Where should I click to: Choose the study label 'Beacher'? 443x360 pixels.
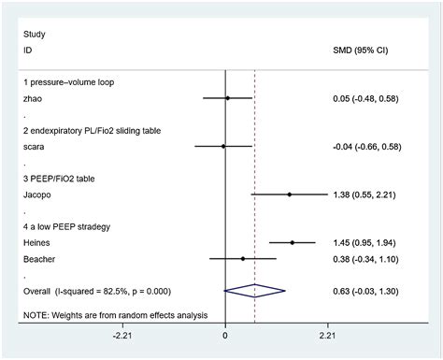tap(40, 258)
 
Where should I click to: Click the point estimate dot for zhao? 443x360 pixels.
tap(227, 97)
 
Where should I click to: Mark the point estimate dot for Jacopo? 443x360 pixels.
tap(289, 194)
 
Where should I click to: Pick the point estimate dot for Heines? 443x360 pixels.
tap(293, 242)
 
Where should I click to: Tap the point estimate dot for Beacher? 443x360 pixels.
tap(243, 258)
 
